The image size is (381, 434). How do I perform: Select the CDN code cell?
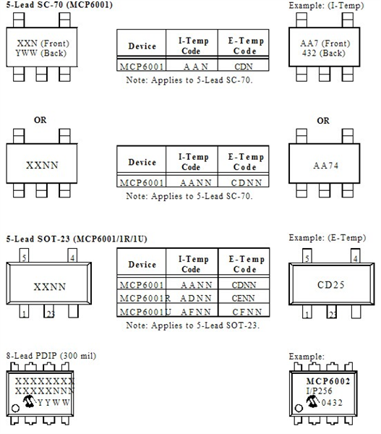[x=244, y=65]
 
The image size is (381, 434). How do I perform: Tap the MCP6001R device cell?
[x=142, y=297]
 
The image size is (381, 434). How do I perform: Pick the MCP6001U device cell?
[x=142, y=310]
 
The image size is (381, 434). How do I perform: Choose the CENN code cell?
[x=243, y=298]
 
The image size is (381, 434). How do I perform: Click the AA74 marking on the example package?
[x=325, y=166]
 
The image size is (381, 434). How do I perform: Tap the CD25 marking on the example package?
[x=331, y=284]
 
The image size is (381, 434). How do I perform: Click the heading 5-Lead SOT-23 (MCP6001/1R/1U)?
[x=77, y=239]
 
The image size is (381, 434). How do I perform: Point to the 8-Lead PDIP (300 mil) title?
[x=51, y=355]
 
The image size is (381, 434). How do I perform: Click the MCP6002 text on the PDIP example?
[x=328, y=381]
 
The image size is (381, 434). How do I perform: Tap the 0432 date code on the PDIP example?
[x=332, y=402]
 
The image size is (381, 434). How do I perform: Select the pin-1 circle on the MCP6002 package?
[x=299, y=408]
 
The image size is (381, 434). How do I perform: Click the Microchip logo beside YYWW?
[x=29, y=401]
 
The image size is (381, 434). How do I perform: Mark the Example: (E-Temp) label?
[x=328, y=238]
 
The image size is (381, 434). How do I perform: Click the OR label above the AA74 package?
[x=323, y=120]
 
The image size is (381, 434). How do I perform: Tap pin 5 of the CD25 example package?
[x=307, y=255]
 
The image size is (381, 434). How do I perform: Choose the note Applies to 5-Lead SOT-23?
[x=193, y=325]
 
